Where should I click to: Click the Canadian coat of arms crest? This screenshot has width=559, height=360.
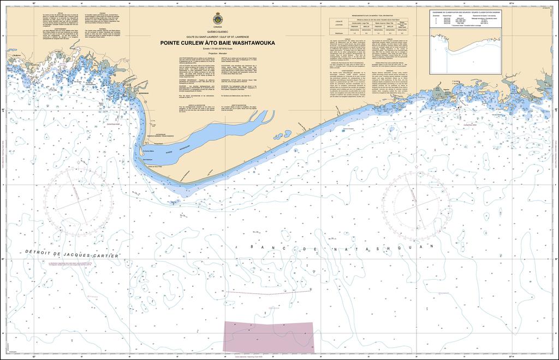click(217, 20)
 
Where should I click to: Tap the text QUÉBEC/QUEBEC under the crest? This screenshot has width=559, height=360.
click(217, 32)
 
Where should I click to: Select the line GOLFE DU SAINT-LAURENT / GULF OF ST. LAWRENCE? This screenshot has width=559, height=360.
click(217, 37)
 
